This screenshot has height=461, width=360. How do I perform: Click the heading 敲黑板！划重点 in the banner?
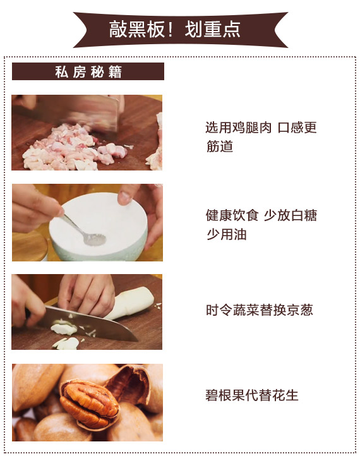(175, 30)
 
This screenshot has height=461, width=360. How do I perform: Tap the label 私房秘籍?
(88, 72)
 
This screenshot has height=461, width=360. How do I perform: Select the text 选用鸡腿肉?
(238, 128)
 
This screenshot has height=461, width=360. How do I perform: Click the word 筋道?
(219, 146)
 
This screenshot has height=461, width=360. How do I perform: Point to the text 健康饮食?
(232, 215)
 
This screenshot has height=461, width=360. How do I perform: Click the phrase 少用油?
(226, 234)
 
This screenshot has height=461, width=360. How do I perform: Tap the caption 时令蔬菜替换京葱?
(260, 310)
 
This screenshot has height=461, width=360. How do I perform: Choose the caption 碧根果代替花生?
(252, 395)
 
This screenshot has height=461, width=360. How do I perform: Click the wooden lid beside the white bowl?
(30, 246)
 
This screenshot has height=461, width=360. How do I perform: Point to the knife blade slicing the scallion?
(88, 323)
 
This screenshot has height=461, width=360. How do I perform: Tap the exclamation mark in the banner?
(171, 30)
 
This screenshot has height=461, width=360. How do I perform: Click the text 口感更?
(297, 128)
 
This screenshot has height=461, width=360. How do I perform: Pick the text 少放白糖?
(291, 215)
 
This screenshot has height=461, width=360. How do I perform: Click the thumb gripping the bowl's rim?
(125, 198)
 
